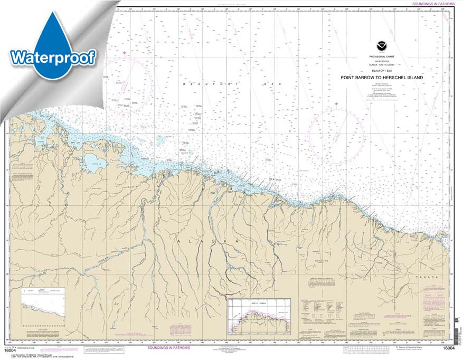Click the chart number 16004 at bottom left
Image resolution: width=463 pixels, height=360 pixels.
pos(10,348)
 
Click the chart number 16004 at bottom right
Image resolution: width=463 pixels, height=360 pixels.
pos(449,348)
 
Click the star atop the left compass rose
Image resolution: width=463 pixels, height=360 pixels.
pos(125,53)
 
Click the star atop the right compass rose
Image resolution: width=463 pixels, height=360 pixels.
pos(336,104)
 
